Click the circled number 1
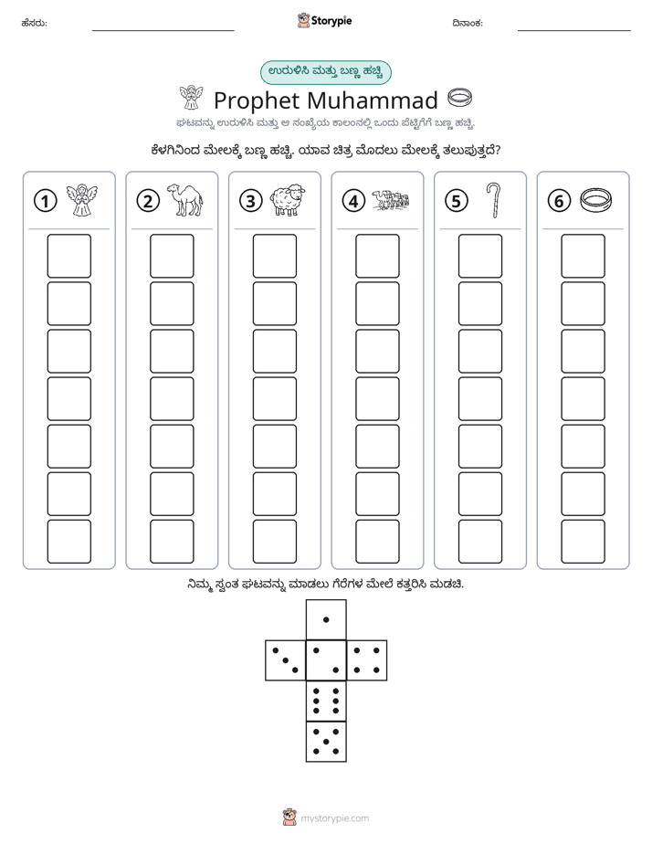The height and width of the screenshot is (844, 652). (x=45, y=201)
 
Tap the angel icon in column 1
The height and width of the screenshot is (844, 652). (x=82, y=200)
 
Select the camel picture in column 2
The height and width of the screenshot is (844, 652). (x=184, y=200)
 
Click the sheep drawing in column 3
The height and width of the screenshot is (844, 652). (x=288, y=201)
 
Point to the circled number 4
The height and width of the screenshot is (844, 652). (x=353, y=201)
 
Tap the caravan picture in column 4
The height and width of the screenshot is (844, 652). (x=391, y=199)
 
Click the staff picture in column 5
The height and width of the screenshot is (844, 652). (x=493, y=200)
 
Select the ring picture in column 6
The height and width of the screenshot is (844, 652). (x=596, y=200)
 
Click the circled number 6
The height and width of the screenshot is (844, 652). (x=559, y=201)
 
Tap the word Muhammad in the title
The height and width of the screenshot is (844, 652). (x=373, y=100)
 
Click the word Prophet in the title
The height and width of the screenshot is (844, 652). (x=257, y=101)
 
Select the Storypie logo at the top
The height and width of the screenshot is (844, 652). (x=324, y=21)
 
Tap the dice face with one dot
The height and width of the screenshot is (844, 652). (x=326, y=619)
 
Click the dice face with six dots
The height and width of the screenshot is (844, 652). (x=326, y=701)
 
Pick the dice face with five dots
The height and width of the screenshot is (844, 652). (x=326, y=741)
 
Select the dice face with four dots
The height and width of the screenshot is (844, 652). (x=367, y=660)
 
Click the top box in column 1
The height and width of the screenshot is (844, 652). (x=68, y=256)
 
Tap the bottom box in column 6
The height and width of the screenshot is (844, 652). (x=584, y=542)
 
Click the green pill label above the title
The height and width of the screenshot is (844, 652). (x=325, y=73)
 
